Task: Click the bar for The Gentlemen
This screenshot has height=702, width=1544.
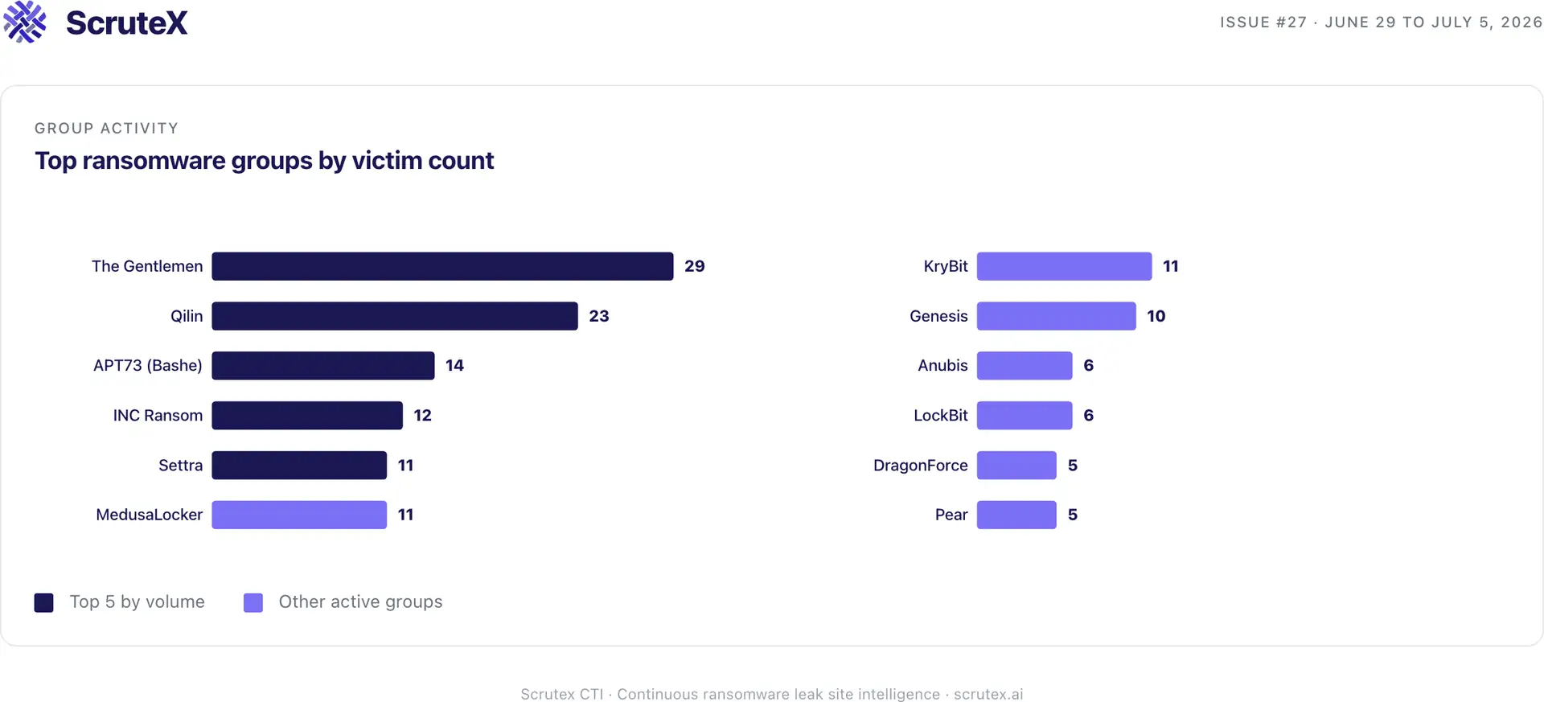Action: [442, 266]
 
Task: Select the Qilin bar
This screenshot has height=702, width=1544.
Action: [395, 316]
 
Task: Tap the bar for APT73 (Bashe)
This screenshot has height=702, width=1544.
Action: [323, 366]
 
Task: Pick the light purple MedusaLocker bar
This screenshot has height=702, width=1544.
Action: [299, 515]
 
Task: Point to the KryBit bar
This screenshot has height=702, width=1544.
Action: [1064, 266]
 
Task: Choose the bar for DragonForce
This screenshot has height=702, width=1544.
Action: [1016, 466]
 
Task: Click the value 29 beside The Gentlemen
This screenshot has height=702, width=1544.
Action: [695, 266]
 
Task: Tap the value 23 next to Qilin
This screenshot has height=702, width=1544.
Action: [599, 316]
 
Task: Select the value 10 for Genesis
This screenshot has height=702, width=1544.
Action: [1156, 316]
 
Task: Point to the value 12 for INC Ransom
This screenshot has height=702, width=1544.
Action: [423, 416]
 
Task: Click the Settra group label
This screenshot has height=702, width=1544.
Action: [181, 466]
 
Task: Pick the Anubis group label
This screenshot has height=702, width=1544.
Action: [942, 366]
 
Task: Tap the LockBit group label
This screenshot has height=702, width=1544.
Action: [941, 416]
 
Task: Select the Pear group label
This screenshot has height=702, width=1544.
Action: [951, 515]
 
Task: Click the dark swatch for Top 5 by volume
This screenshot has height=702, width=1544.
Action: [44, 602]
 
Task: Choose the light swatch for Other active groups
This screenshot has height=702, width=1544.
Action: [253, 602]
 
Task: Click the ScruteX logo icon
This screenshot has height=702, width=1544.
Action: [25, 22]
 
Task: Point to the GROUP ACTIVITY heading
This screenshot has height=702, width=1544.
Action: [107, 129]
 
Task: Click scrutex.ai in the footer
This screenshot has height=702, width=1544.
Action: [988, 694]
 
